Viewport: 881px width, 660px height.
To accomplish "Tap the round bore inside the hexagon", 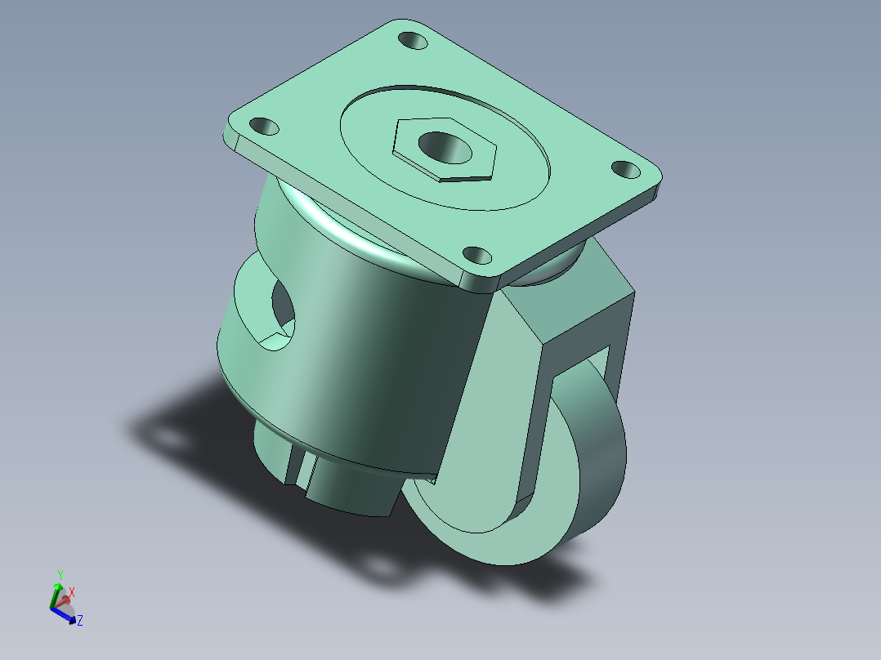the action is [445, 148].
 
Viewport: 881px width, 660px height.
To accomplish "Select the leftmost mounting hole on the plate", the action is [264, 127].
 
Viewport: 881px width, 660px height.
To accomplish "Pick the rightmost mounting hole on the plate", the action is [625, 170].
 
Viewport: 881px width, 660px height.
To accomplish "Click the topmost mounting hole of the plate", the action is [413, 41].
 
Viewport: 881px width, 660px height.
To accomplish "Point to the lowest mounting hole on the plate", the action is [477, 256].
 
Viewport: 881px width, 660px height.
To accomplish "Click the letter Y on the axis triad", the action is [60, 574].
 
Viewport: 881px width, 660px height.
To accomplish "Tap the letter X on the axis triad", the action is [71, 592].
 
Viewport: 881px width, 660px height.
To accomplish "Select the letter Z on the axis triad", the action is [80, 621].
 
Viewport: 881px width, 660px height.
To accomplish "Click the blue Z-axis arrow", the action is [64, 616].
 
